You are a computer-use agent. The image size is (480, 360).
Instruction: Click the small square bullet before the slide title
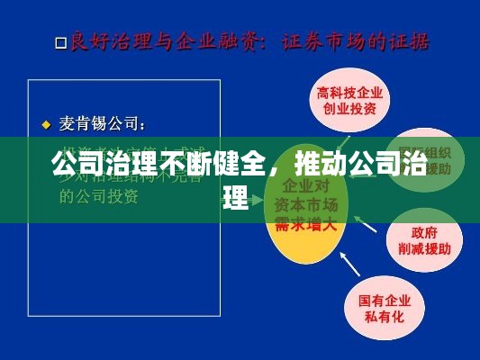(60, 42)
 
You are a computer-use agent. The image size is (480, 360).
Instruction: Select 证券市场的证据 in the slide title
(356, 41)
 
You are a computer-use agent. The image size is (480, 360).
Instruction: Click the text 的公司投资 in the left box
(98, 197)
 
